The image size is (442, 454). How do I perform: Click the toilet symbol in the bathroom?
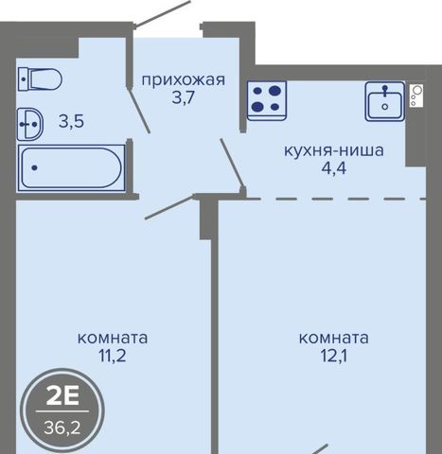coord(40,79)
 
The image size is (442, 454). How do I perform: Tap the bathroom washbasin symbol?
coord(30,124)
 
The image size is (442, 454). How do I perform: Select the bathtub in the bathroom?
coord(71,168)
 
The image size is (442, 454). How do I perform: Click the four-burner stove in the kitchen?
coord(267,100)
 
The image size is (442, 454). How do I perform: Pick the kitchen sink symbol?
coord(385,101)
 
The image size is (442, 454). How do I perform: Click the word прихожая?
coord(184,80)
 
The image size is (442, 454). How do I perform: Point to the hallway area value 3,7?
coord(184,98)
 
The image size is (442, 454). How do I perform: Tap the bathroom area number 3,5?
coord(71,121)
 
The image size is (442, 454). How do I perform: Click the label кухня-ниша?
coord(334,150)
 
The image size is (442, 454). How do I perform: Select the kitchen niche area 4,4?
coord(334,168)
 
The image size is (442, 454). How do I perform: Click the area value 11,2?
coord(113,356)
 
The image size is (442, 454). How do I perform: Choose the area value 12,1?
coord(334,356)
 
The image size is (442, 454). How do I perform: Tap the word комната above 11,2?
coord(113,339)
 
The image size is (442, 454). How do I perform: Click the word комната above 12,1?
coord(334,339)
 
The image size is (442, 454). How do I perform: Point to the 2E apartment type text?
coord(62,396)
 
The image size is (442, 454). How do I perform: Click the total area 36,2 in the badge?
coord(62,428)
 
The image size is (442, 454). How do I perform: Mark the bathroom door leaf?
coord(138,109)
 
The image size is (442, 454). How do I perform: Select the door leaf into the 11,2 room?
coord(169,207)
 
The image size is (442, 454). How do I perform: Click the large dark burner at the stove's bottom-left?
coord(257,107)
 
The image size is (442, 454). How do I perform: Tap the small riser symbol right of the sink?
coord(416,96)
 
